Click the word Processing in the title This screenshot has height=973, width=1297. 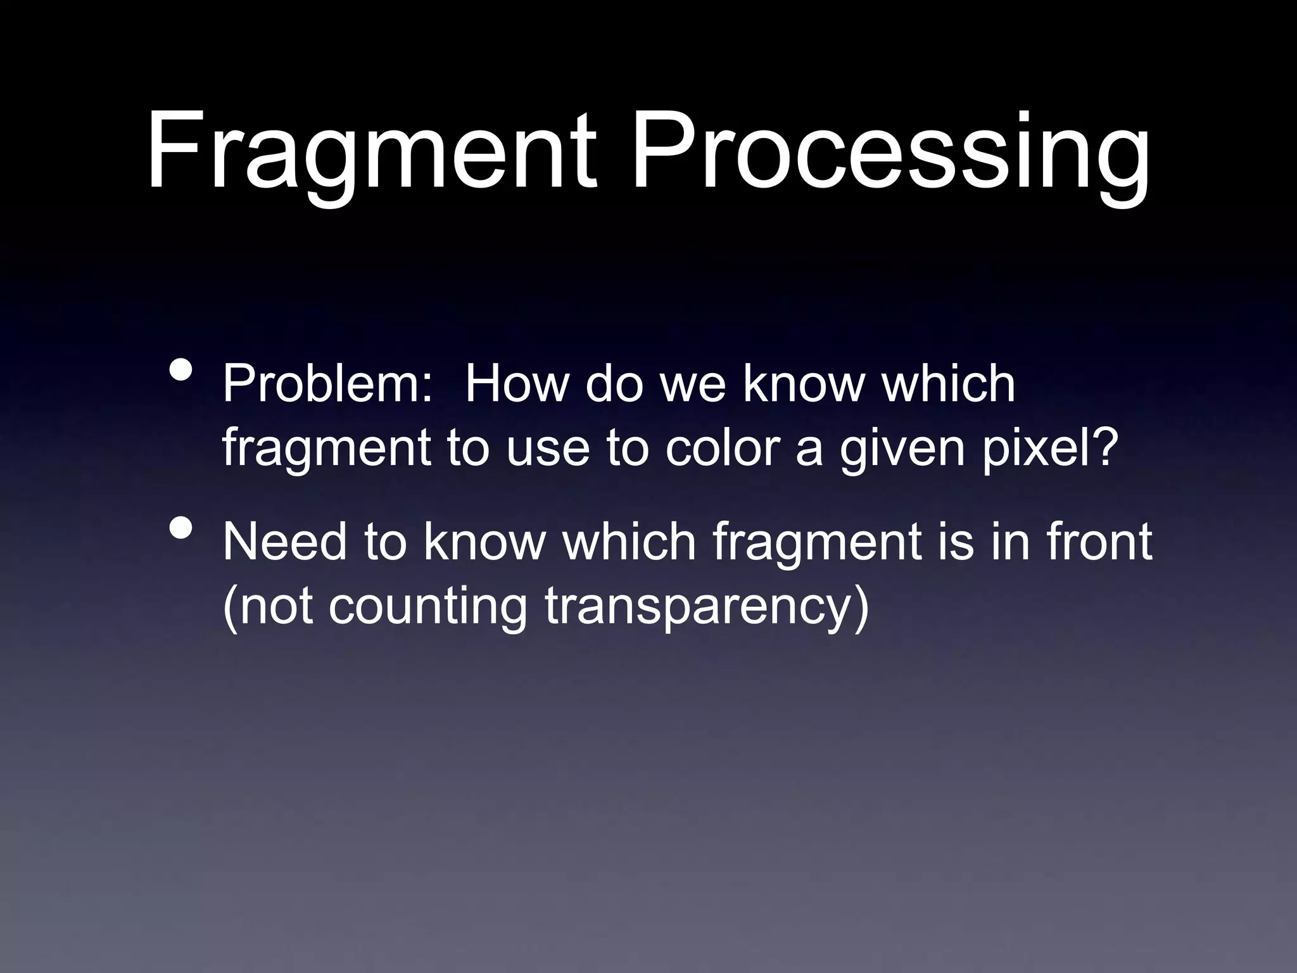click(x=890, y=152)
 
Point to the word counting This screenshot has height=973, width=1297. click(x=427, y=607)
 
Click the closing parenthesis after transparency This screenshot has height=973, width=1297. click(x=862, y=607)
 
